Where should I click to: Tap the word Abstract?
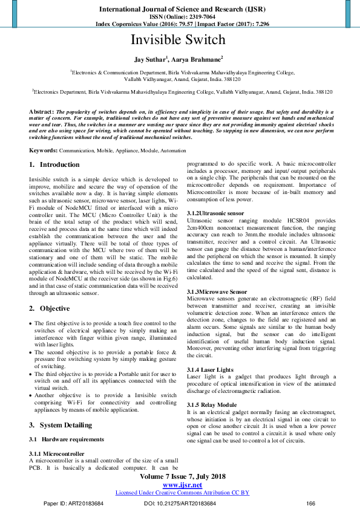[41, 112]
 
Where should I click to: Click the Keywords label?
[44, 149]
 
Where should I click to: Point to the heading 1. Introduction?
[54, 164]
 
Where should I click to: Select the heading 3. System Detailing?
[62, 425]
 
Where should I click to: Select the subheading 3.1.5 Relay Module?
[212, 404]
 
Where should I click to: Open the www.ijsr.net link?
[182, 485]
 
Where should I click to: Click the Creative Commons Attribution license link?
[182, 493]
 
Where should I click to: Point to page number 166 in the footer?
[311, 503]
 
